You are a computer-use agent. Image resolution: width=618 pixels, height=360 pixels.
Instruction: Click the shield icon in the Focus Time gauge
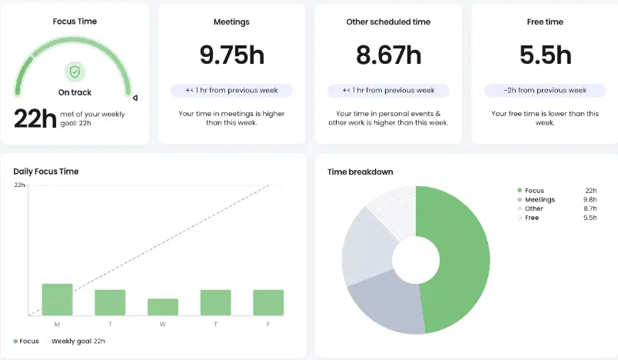pos(75,72)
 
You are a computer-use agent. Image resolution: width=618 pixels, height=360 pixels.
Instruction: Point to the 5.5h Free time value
pos(544,55)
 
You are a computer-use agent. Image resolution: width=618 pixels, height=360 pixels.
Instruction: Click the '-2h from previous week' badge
pos(544,90)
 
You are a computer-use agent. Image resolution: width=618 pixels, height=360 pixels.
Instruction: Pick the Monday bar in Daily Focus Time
pos(57,299)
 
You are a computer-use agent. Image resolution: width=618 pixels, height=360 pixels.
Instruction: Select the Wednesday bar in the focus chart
pos(162,306)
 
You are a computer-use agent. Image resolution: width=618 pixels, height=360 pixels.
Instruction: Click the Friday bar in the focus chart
pos(268,302)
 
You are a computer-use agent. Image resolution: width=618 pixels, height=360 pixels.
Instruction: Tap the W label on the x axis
pos(162,325)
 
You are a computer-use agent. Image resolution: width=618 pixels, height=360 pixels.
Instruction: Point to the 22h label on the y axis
pos(20,185)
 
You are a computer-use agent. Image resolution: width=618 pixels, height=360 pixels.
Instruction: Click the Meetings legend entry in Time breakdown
pos(540,200)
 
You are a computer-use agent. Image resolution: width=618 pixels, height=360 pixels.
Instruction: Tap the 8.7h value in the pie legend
pos(590,209)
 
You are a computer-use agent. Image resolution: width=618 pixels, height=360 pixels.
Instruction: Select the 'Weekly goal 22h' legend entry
pos(78,341)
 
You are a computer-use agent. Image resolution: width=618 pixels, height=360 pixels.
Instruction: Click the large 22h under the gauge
pos(35,118)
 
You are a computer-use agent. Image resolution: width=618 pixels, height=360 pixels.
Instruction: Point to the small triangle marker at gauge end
pos(135,98)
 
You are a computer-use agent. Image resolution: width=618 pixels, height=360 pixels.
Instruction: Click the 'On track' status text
pos(75,92)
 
